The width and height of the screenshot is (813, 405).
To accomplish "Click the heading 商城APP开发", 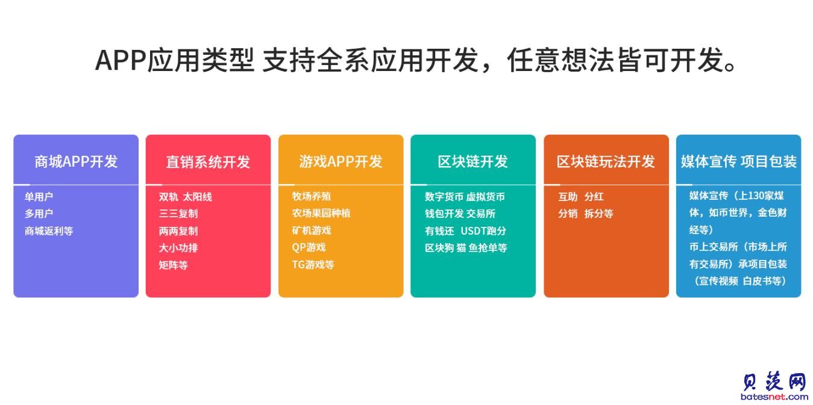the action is [76, 161].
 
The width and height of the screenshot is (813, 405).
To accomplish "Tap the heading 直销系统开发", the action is [208, 162].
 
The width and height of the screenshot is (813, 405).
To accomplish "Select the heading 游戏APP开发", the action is [341, 161].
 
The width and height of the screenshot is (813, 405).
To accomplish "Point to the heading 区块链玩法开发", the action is [606, 161].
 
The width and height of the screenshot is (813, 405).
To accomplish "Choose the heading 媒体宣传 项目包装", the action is [739, 161].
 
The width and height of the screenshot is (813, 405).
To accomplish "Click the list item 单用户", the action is [39, 197].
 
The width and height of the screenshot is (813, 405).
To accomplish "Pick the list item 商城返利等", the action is [49, 230].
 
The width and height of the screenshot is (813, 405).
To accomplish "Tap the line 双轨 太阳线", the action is [186, 197].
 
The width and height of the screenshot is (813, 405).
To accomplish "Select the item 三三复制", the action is [178, 214].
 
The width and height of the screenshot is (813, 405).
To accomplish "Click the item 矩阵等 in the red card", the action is [173, 265].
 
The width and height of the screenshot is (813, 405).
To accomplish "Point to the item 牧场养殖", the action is [312, 196].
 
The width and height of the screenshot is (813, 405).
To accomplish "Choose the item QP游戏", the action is [309, 247].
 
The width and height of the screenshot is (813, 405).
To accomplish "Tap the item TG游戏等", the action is [313, 265].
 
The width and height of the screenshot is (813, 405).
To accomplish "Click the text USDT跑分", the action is [483, 230].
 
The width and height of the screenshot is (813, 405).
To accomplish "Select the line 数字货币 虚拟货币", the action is [465, 197].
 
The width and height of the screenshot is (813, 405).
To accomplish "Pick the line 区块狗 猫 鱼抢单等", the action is [466, 248].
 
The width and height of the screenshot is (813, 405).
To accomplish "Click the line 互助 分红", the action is [581, 197].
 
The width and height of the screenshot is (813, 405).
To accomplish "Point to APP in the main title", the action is [121, 60].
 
